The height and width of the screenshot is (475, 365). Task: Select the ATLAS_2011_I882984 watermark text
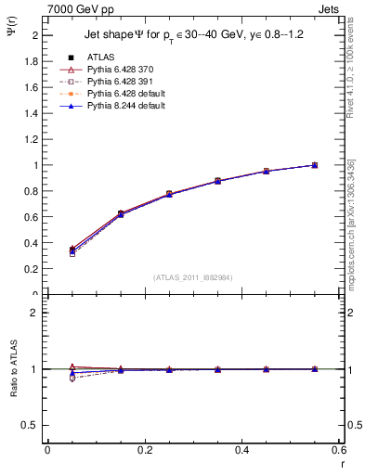pos(193,277)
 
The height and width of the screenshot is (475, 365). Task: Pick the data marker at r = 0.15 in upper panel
pos(120,214)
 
